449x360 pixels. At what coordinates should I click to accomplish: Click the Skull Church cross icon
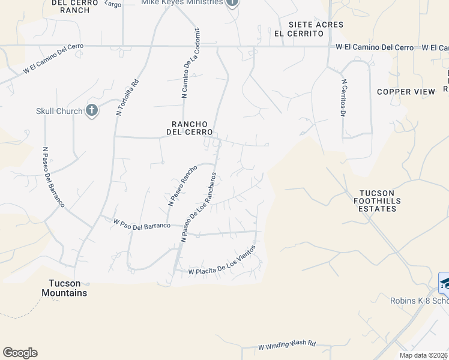coord(91,110)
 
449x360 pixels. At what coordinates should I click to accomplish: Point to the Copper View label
coord(406,92)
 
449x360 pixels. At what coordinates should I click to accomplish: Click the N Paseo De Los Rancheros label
coord(199,208)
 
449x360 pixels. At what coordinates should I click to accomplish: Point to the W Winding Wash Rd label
coord(287,347)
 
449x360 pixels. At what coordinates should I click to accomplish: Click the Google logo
coord(20,353)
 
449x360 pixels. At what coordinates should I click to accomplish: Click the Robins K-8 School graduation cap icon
coord(445,282)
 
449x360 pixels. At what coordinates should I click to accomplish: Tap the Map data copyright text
coord(424,355)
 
